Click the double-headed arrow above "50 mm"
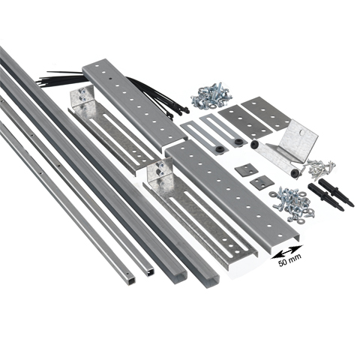pyautogui.click(x=286, y=251)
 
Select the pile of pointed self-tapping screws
pyautogui.click(x=320, y=169)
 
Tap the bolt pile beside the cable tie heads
pyautogui.click(x=211, y=96)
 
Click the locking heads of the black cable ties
pyautogui.click(x=178, y=110)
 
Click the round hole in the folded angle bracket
pyautogui.click(x=302, y=131)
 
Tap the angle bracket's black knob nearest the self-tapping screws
pyautogui.click(x=295, y=173)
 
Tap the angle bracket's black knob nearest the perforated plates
pyautogui.click(x=255, y=144)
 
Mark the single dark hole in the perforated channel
pyautogui.click(x=110, y=79)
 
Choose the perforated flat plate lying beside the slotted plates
pyautogui.click(x=244, y=122)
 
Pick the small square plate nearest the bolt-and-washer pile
pyautogui.click(x=259, y=182)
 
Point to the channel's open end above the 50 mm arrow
pyautogui.click(x=285, y=241)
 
